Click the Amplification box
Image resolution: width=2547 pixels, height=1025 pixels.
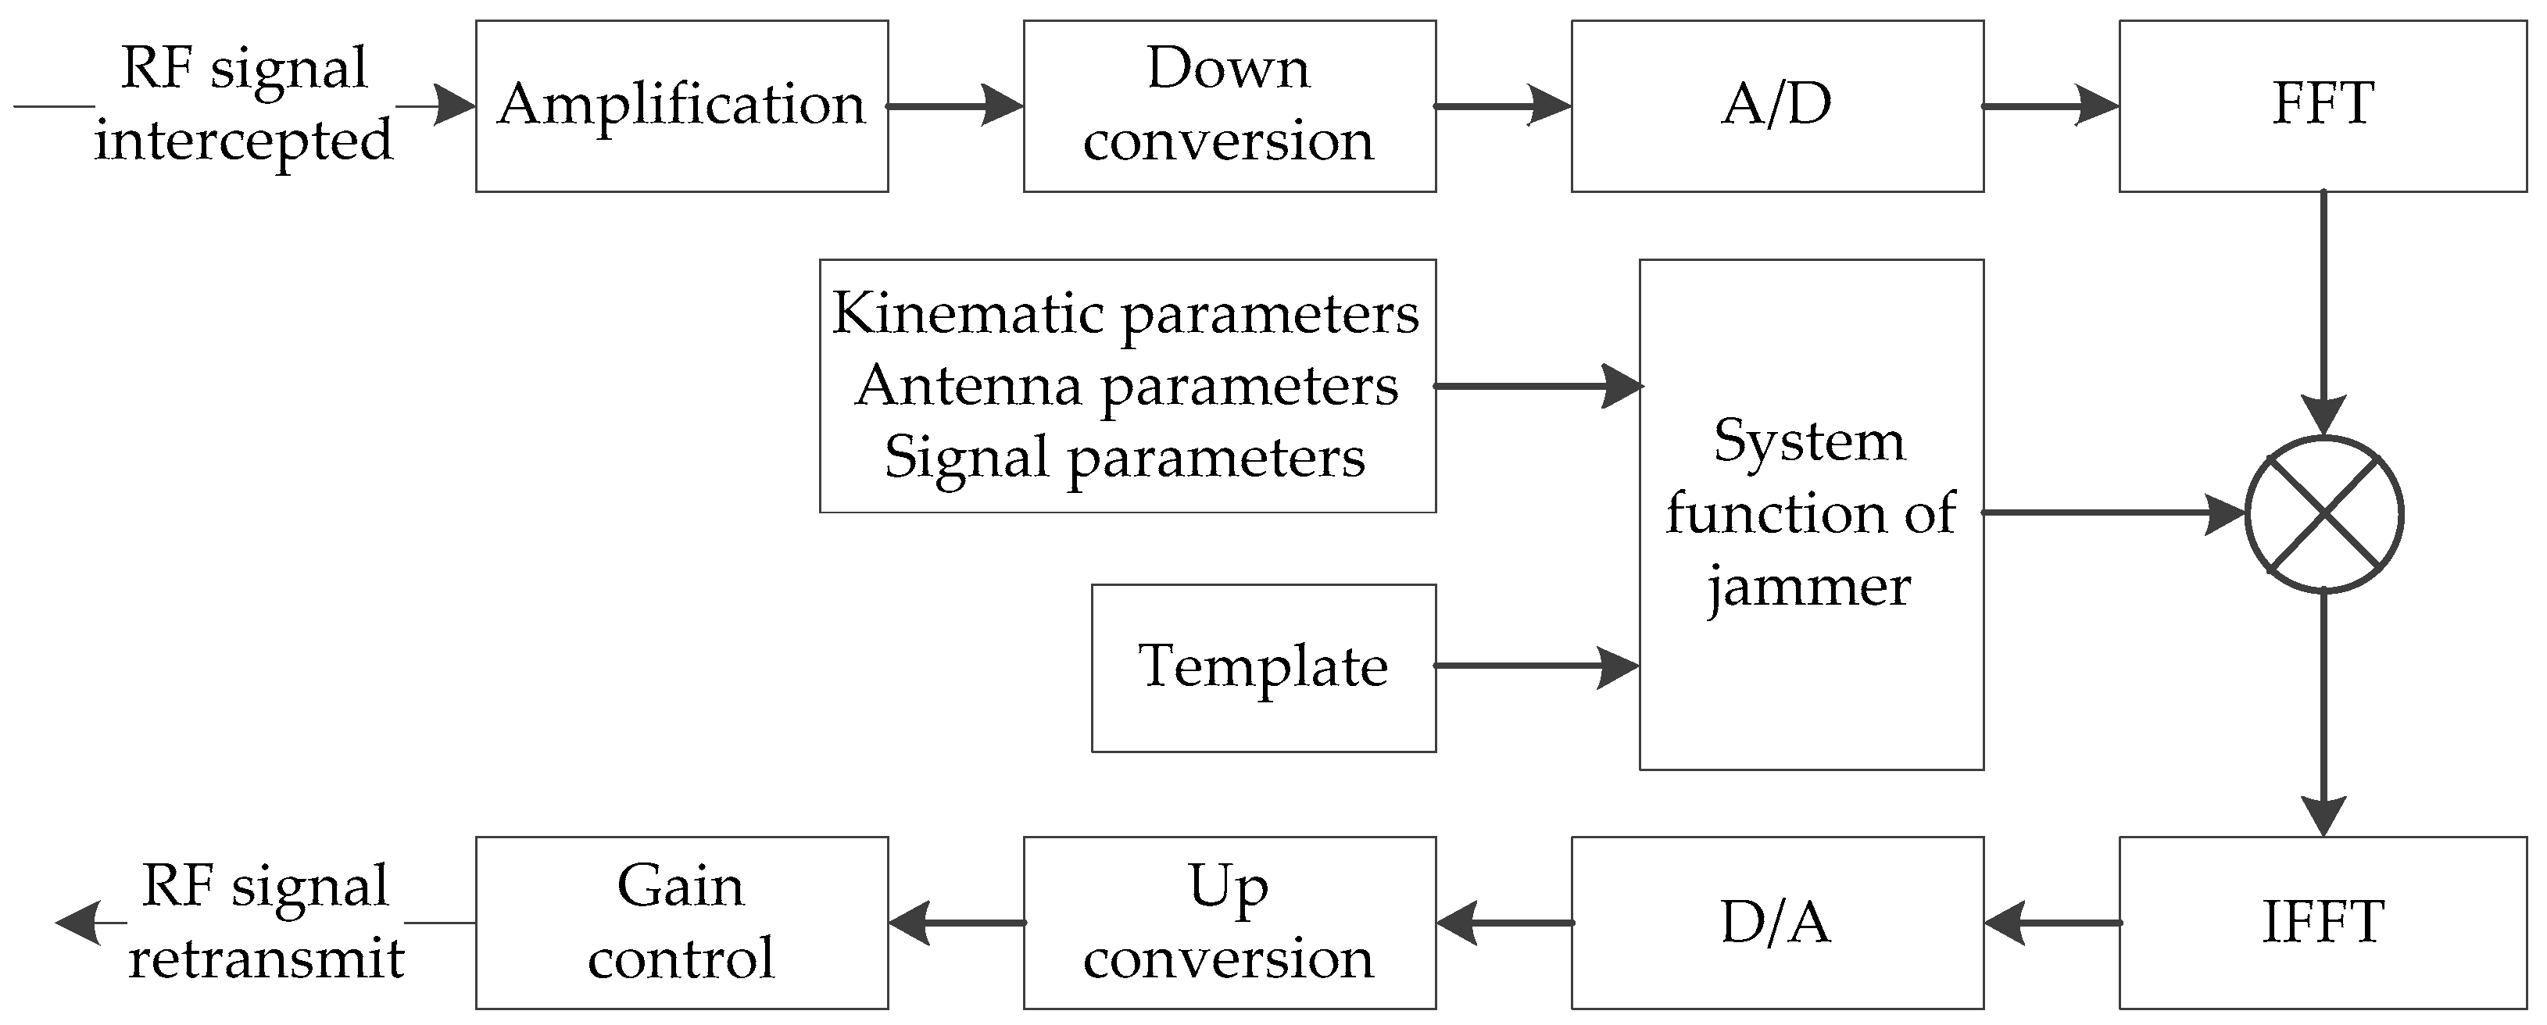tap(681, 105)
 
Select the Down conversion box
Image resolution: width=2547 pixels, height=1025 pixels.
tap(1229, 105)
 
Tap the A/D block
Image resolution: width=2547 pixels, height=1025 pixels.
tap(1776, 105)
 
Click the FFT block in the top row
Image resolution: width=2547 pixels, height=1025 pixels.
tap(2323, 105)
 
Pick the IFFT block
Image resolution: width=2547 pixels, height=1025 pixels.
tap(2323, 922)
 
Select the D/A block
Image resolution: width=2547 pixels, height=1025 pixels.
tap(1776, 922)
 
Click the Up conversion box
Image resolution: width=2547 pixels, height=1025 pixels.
tap(1229, 922)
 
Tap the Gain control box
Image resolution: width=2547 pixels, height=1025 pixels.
tap(681, 922)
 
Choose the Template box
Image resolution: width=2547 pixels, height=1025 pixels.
tap(1263, 667)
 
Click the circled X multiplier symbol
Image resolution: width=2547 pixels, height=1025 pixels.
tap(2323, 514)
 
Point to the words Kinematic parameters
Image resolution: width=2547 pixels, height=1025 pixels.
tap(1126, 314)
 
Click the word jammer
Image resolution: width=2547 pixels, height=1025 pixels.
tap(1808, 588)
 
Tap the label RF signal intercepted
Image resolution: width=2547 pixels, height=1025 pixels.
tap(243, 104)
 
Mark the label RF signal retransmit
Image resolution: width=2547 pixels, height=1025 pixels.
tap(265, 922)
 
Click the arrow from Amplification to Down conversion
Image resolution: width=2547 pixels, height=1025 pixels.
tap(955, 105)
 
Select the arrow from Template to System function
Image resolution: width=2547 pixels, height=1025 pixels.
tap(1536, 666)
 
